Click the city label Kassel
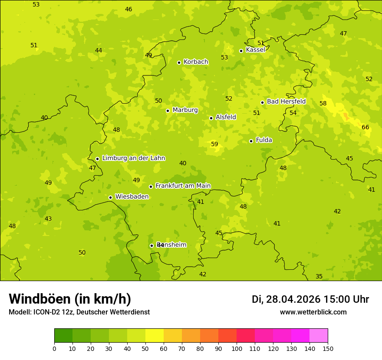255,50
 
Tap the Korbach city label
196,62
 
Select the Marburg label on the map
185,110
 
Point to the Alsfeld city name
226,117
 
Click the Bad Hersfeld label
286,101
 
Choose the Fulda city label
264,140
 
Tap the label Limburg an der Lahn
133,158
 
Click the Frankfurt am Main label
183,186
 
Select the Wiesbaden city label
132,196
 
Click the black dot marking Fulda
251,141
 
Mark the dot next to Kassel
241,51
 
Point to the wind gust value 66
366,127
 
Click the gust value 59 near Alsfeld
214,144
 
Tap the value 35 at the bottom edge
319,276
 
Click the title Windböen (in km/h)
70,299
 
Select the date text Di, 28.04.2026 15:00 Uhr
310,299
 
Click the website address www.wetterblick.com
313,312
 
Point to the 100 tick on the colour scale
237,348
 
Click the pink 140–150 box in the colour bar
319,336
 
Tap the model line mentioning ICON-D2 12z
79,312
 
